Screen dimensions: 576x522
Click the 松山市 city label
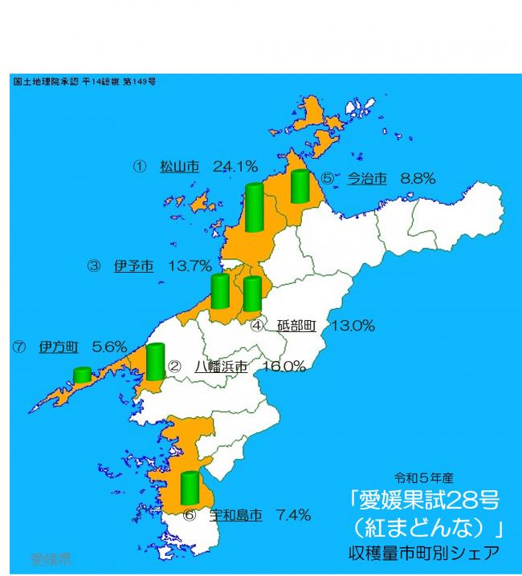(179, 167)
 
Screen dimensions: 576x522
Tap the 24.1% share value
(235, 167)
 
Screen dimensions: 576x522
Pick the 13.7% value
(190, 266)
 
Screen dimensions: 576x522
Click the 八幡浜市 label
(221, 366)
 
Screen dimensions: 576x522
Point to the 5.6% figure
(110, 347)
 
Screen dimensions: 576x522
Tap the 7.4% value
(293, 515)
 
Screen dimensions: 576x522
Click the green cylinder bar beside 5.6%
(82, 375)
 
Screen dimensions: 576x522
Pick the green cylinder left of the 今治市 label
(300, 186)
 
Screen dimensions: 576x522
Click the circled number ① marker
(139, 167)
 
